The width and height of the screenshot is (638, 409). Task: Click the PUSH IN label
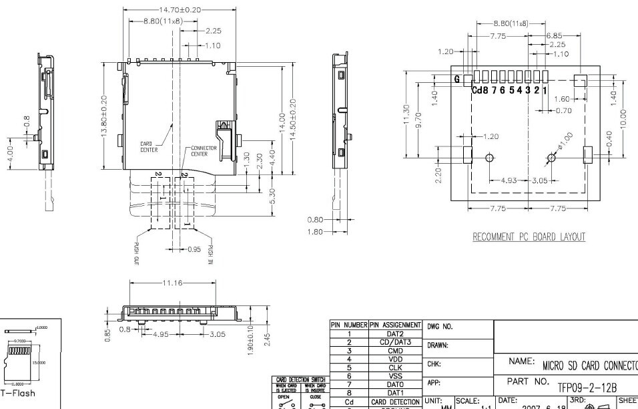click(210, 252)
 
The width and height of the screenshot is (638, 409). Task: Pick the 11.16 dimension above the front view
click(172, 283)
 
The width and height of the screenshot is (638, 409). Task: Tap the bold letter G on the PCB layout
click(457, 79)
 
